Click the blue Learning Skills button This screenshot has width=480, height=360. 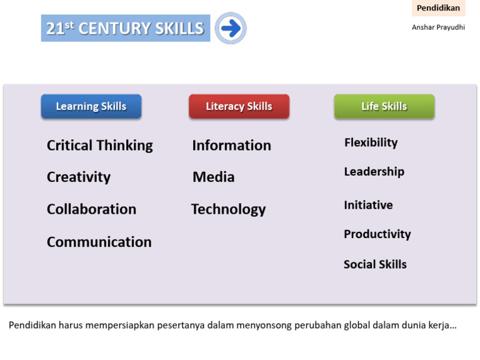point(91,106)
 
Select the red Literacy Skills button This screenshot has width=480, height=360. point(239,106)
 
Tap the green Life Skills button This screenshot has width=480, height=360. point(384,106)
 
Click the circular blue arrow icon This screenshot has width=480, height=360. point(231,28)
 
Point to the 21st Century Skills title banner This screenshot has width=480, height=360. point(126,28)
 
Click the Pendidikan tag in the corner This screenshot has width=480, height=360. point(438,8)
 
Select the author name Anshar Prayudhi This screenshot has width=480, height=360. point(438,27)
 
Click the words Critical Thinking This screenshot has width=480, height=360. point(99,146)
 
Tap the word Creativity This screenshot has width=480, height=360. point(79,177)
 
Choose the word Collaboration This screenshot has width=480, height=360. point(91,209)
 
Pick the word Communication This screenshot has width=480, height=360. point(99,242)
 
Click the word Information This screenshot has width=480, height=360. point(231,146)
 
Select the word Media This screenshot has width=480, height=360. point(213,177)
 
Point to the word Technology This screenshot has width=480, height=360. point(228,209)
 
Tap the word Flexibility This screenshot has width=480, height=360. point(371,142)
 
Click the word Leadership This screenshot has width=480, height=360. point(374,171)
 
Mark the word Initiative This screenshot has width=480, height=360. point(368,205)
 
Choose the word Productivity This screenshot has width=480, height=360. point(377,234)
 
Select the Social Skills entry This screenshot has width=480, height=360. point(375,264)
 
